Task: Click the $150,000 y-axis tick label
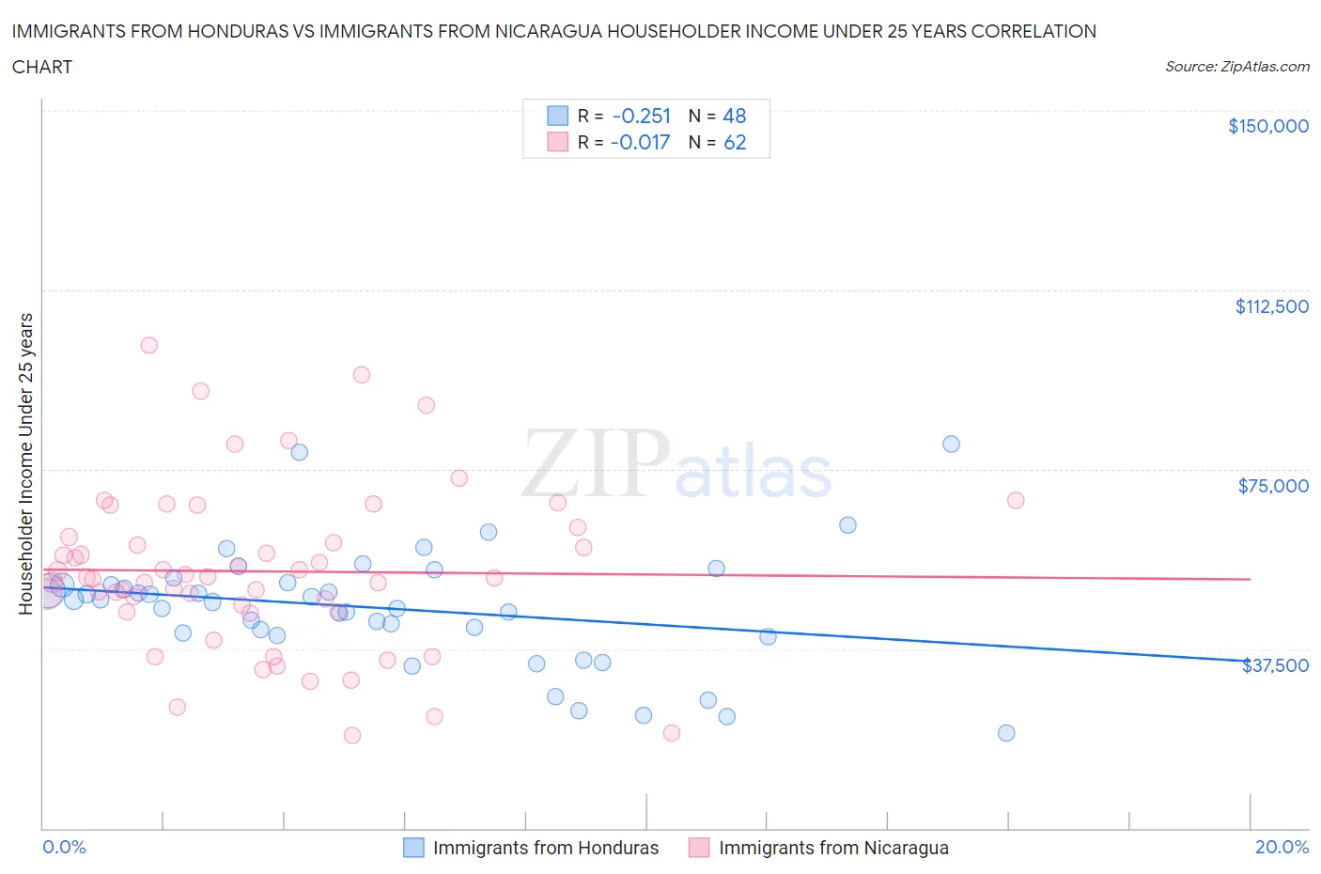pyautogui.click(x=1267, y=126)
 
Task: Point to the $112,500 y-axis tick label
pyautogui.click(x=1271, y=306)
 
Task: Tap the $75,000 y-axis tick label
pyautogui.click(x=1272, y=486)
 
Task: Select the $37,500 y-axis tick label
pyautogui.click(x=1275, y=665)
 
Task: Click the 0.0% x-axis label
pyautogui.click(x=64, y=847)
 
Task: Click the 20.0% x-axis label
pyautogui.click(x=1282, y=847)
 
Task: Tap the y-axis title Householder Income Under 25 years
pyautogui.click(x=25, y=463)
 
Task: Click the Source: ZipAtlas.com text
pyautogui.click(x=1236, y=66)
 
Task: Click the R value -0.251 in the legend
pyautogui.click(x=641, y=116)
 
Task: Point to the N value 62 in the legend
pyautogui.click(x=735, y=142)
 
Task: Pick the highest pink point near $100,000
pyautogui.click(x=148, y=345)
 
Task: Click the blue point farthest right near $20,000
pyautogui.click(x=1006, y=733)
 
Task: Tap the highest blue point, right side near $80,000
pyautogui.click(x=951, y=445)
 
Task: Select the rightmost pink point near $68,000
pyautogui.click(x=1016, y=500)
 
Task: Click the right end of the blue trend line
pyautogui.click(x=1250, y=661)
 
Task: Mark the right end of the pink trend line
pyautogui.click(x=1250, y=579)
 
